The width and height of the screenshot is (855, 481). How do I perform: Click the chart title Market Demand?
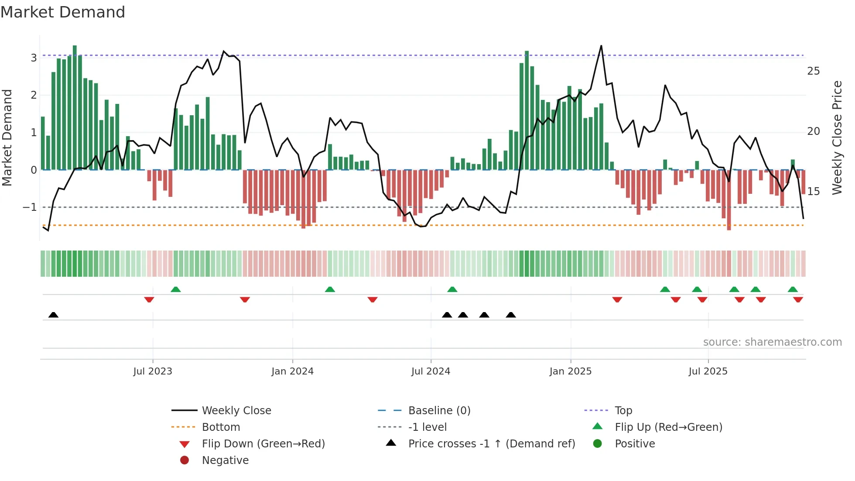coord(63,12)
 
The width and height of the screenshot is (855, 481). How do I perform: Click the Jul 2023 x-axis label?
coord(153,371)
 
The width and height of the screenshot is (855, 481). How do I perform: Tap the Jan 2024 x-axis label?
coord(292,371)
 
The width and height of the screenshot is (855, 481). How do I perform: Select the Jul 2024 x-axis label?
coord(431,371)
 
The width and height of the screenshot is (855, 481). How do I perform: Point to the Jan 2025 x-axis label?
coord(570,371)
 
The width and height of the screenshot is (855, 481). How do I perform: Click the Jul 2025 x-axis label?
coord(708,371)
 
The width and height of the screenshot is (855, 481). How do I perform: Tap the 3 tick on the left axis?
coord(34,58)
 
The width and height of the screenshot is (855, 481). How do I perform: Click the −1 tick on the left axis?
coord(30,207)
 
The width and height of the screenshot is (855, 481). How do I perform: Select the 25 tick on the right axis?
coord(813,71)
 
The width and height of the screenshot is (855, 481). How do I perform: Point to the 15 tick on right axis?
coord(813,192)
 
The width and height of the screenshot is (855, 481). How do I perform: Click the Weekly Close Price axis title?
coord(837,137)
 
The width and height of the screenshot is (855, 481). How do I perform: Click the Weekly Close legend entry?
coord(236,411)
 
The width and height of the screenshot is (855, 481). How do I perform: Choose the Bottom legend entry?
coord(221,427)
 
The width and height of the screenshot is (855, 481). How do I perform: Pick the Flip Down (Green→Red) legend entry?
coord(263,444)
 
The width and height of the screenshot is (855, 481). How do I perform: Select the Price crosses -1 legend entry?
coord(491,444)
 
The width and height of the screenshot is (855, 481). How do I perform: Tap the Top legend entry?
coord(623,411)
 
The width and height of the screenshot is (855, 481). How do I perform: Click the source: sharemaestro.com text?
coord(772,342)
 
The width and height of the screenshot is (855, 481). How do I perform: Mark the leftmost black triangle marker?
coord(53,315)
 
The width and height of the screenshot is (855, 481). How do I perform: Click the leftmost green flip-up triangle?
coord(176,289)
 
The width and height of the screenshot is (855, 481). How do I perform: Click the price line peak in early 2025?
coord(601,46)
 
